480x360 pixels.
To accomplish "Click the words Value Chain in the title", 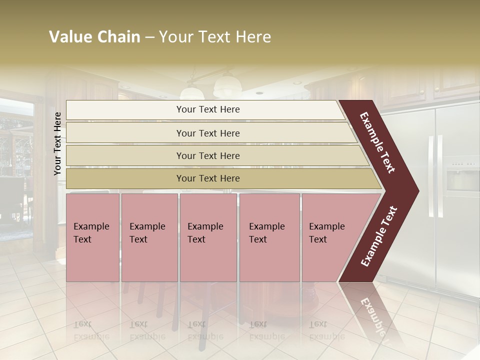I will coord(94,37).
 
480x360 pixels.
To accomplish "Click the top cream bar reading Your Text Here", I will coord(207,109).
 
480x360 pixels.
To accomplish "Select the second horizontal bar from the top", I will coord(207,133).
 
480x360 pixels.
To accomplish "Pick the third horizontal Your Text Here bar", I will coord(207,155).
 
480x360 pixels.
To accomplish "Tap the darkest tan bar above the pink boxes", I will coord(207,178).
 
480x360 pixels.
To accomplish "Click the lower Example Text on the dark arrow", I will coord(379,236).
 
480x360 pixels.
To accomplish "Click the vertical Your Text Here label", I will coord(57,143).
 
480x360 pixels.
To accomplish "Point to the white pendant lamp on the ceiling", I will coord(226,86).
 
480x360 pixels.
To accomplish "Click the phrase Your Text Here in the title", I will coord(215,37).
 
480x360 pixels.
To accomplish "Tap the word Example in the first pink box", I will coord(91,226).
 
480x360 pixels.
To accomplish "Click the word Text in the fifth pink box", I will coord(318,239).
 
